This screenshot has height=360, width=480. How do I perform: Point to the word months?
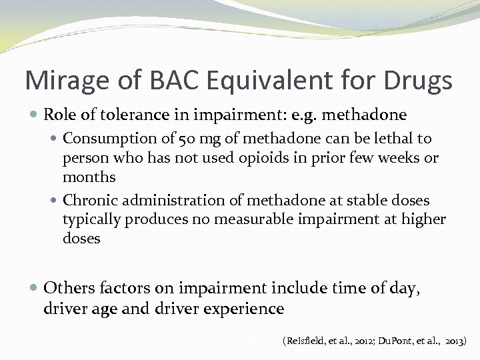click(89, 177)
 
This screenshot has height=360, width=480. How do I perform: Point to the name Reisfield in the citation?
click(309, 341)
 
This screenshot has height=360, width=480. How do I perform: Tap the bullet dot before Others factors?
click(35, 289)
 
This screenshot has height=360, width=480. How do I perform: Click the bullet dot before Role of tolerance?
click(35, 115)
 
